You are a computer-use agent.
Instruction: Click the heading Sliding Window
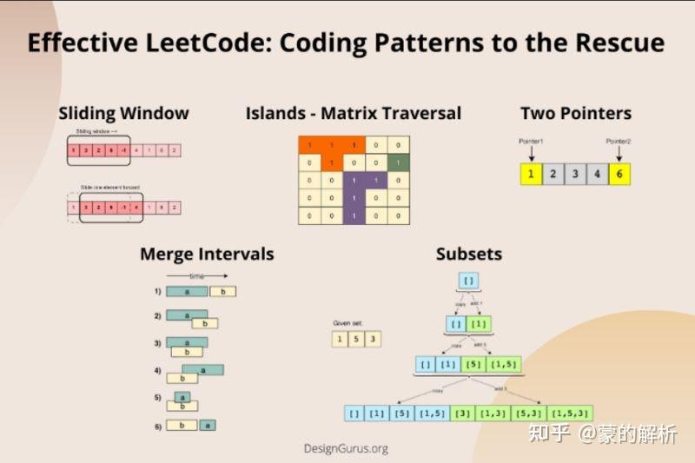pos(123,113)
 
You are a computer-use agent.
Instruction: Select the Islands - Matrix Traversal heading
pos(353,113)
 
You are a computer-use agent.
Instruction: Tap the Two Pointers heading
pos(575,113)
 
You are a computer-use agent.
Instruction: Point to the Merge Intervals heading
pos(207,255)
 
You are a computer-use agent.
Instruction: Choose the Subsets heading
pos(468,255)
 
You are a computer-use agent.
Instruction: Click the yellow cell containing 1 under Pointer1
pos(530,174)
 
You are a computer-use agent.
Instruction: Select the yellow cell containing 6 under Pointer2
pos(619,174)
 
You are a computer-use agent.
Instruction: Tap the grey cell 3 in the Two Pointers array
pos(574,174)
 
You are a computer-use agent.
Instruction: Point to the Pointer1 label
pos(530,140)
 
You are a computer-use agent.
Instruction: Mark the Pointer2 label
pos(619,140)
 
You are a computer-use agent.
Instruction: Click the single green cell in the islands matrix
pos(398,162)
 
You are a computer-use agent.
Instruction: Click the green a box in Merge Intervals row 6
pos(208,425)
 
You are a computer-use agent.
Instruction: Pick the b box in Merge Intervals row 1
pos(223,292)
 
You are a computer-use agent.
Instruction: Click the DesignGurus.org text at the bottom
pos(346,448)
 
